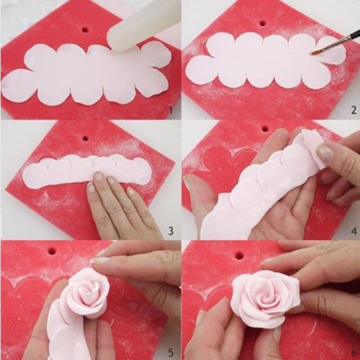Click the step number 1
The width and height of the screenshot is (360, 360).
coord(171,111)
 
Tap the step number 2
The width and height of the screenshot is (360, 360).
coord(354,110)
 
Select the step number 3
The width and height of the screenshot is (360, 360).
coord(171,231)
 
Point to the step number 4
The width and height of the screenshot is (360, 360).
coord(354,231)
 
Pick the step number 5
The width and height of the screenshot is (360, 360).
coord(171,353)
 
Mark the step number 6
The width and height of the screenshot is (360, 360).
coord(354,353)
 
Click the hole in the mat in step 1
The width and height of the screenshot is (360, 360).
coord(86,30)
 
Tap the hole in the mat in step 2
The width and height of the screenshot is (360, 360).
coord(264,24)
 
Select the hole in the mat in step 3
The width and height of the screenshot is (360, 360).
coord(85,139)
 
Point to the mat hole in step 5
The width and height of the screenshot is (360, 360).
coord(53,251)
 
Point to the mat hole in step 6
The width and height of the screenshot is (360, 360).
coord(239,256)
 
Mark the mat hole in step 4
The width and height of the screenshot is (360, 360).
coord(265,129)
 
